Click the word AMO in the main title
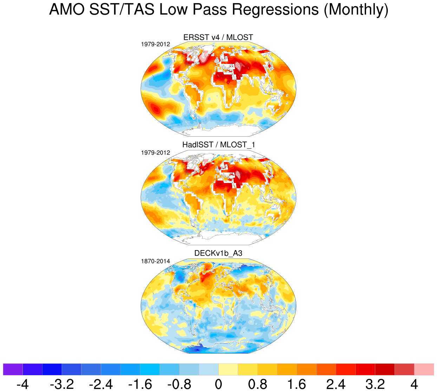click(66, 10)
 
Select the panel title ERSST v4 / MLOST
click(218, 37)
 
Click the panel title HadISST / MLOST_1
click(218, 145)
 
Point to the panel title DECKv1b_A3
click(218, 253)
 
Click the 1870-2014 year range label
click(155, 261)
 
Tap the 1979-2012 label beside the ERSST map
click(155, 44)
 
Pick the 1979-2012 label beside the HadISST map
click(155, 153)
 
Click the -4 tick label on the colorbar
click(22, 384)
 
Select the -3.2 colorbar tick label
click(62, 384)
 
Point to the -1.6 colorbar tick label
click(140, 384)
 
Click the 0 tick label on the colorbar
click(218, 384)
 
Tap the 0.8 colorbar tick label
click(257, 384)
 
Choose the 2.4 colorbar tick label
click(336, 384)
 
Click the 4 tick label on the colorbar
click(414, 384)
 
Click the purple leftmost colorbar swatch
click(13, 370)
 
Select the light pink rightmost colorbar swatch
click(424, 370)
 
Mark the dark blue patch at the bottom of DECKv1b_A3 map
click(197, 349)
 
